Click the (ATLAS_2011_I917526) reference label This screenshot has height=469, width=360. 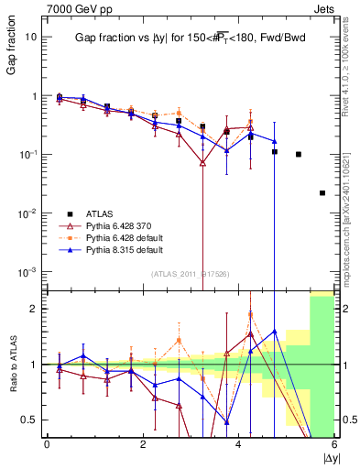click(183, 275)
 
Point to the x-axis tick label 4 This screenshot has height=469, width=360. click(238, 444)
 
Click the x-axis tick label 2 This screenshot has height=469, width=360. click(142, 444)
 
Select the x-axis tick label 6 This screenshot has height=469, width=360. click(334, 444)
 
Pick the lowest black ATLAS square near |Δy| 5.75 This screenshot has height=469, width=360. click(322, 193)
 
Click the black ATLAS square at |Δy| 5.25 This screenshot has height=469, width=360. click(299, 154)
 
